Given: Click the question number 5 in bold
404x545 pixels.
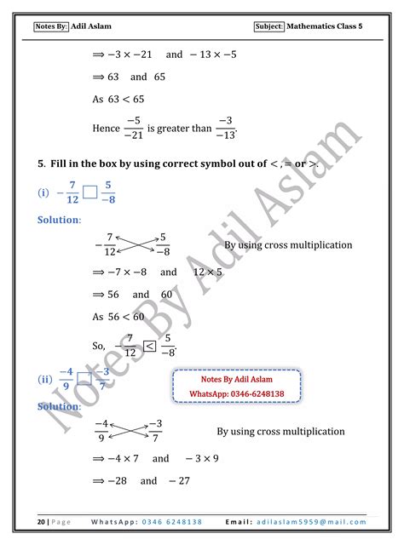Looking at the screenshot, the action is pyautogui.click(x=40, y=163).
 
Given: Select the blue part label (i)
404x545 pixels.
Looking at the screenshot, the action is pyautogui.click(x=43, y=193).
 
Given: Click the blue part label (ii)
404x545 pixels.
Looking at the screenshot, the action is pyautogui.click(x=45, y=380).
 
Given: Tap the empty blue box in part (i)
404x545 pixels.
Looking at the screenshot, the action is pyautogui.click(x=90, y=194).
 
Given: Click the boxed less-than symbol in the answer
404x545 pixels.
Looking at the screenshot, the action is pyautogui.click(x=149, y=346).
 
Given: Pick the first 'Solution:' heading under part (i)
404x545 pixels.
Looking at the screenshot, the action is pyautogui.click(x=59, y=220).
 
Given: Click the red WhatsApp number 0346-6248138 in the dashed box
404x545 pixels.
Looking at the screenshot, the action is pyautogui.click(x=237, y=394).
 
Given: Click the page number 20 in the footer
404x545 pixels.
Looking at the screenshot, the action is pyautogui.click(x=40, y=521).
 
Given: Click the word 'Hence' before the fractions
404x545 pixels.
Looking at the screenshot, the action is pyautogui.click(x=106, y=129).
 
